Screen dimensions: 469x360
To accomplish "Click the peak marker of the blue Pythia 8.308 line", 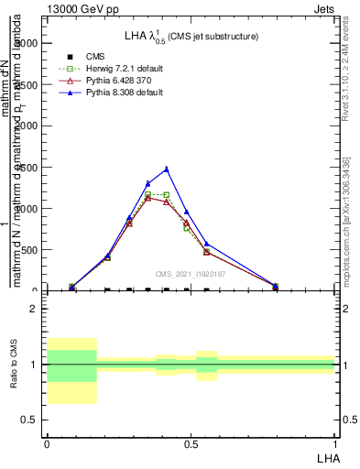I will (x=166, y=169).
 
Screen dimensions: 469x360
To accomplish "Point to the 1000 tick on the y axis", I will (x=29, y=209).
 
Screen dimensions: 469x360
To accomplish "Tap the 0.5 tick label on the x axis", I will (x=191, y=443).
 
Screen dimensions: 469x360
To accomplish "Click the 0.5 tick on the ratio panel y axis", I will (x=32, y=420).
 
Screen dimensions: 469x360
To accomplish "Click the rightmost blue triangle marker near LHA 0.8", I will (x=275, y=286).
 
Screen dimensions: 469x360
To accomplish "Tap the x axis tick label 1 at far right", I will (x=334, y=443).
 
